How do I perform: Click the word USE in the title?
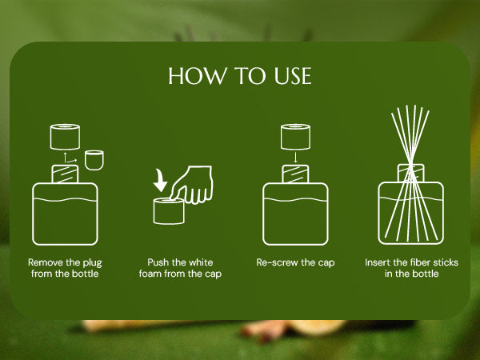293,76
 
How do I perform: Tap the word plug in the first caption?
92,263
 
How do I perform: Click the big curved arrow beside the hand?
160,181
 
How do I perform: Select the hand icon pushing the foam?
192,185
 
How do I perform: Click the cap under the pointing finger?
169,211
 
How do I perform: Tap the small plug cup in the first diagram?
94,160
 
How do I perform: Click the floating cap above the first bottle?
65,137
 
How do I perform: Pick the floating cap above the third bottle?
295,137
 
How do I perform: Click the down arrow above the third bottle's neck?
295,157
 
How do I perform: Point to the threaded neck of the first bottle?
65,174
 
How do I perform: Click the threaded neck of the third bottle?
295,174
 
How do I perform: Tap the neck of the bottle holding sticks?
411,174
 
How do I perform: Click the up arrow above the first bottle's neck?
65,157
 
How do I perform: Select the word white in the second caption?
201,262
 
